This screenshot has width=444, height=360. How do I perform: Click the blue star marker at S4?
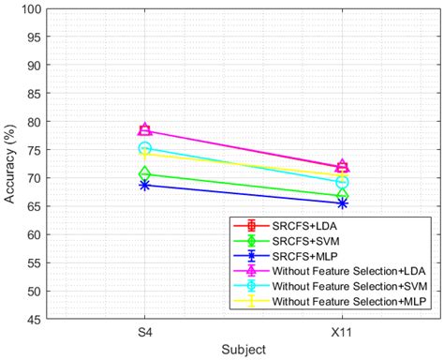tap(145, 185)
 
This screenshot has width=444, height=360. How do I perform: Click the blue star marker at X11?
tap(342, 202)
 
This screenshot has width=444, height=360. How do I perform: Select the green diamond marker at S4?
tap(145, 173)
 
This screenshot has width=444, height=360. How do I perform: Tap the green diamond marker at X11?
tap(342, 195)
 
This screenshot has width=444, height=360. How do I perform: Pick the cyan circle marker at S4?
tap(145, 148)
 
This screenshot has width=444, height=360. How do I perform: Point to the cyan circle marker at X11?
tap(342, 182)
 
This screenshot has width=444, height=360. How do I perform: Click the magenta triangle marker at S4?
tap(145, 130)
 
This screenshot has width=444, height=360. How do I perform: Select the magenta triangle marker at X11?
tap(342, 166)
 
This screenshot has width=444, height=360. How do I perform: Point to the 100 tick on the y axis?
tap(31, 9)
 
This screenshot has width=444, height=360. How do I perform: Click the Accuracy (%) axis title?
tap(11, 163)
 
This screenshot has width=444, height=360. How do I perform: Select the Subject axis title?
tap(244, 349)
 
